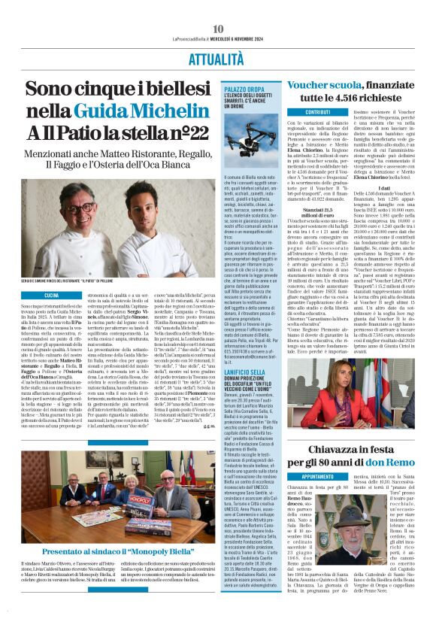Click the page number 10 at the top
click(x=218, y=28)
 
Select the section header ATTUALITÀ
click(x=218, y=58)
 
